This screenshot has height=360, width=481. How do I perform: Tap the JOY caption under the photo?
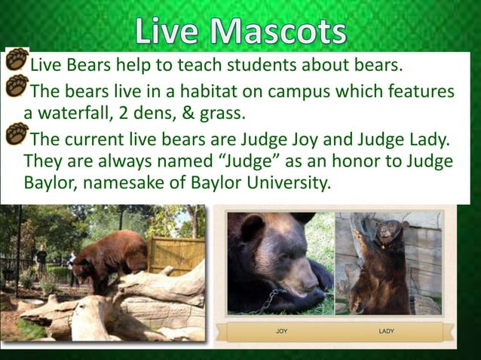(281, 331)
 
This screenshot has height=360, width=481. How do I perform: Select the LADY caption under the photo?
(387, 331)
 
